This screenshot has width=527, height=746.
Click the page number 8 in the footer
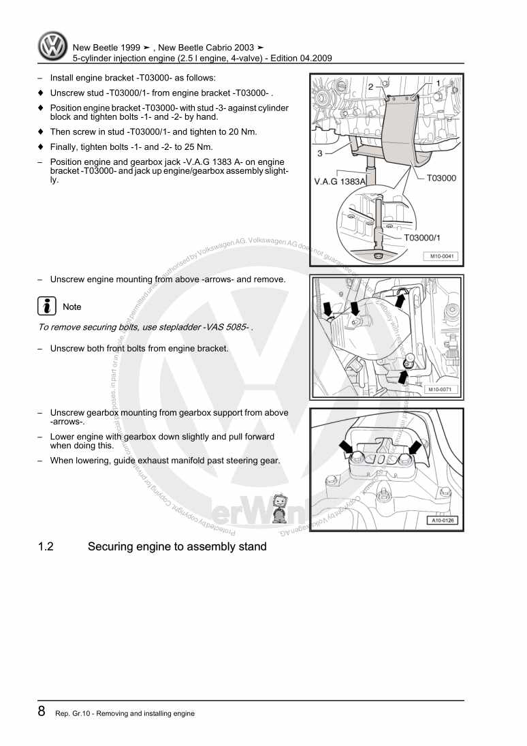(x=42, y=712)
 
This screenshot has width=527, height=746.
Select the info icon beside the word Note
(x=46, y=307)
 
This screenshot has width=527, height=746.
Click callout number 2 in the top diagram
(x=370, y=87)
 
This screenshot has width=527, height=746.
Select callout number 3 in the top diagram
(x=320, y=154)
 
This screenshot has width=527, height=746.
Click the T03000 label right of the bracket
(x=441, y=178)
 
